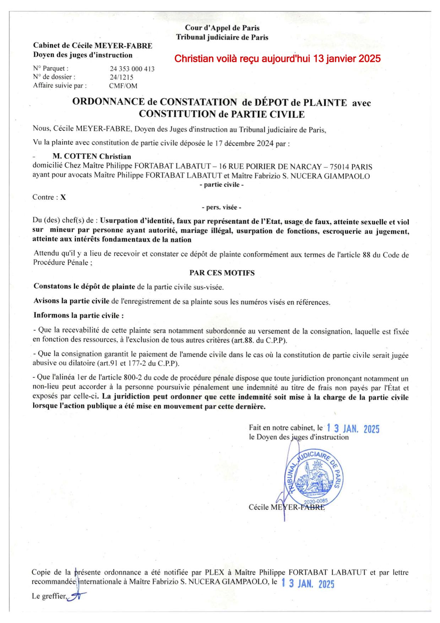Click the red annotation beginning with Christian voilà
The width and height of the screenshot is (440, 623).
tap(277, 59)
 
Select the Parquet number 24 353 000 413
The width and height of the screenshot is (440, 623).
tap(132, 69)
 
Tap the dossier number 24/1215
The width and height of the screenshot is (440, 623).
tap(121, 77)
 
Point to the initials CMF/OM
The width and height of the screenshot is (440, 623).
tap(123, 86)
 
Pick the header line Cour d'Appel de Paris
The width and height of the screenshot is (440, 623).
tap(222, 28)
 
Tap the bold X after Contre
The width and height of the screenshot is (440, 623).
tap(63, 197)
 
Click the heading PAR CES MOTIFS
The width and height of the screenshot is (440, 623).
tap(222, 273)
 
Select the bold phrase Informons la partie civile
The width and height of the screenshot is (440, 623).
tap(78, 315)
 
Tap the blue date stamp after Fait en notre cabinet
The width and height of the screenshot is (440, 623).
tap(353, 429)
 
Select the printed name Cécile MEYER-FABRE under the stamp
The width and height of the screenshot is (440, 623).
tap(287, 507)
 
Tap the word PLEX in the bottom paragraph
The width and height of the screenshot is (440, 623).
tap(213, 573)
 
